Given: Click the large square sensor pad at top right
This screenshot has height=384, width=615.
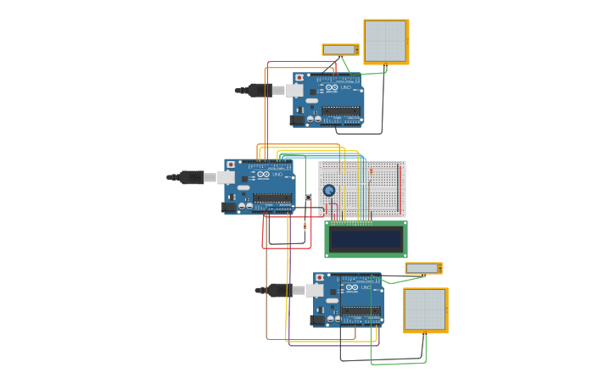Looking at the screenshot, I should (386, 42).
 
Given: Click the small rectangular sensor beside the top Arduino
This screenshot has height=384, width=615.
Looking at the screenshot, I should (339, 50).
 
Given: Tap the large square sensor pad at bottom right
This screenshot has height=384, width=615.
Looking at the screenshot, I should (425, 309).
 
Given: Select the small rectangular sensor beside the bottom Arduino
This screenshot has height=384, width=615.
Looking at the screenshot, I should (422, 269).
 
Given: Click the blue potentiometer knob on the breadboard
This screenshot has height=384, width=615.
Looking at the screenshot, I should (329, 191).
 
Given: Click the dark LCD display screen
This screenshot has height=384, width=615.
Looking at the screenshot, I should (366, 239).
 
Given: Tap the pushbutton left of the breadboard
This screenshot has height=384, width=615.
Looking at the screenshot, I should (308, 198).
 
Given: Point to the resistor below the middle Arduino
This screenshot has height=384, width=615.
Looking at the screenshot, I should (305, 225).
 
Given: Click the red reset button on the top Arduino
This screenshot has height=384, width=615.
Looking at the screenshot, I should (299, 78).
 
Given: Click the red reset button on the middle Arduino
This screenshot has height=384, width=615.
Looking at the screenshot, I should (231, 164).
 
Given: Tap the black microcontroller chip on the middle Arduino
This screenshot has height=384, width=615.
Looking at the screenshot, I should (271, 198).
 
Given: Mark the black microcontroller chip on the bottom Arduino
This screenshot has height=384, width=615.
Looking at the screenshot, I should (361, 311).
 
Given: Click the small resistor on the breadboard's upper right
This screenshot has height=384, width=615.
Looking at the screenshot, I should (371, 171).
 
